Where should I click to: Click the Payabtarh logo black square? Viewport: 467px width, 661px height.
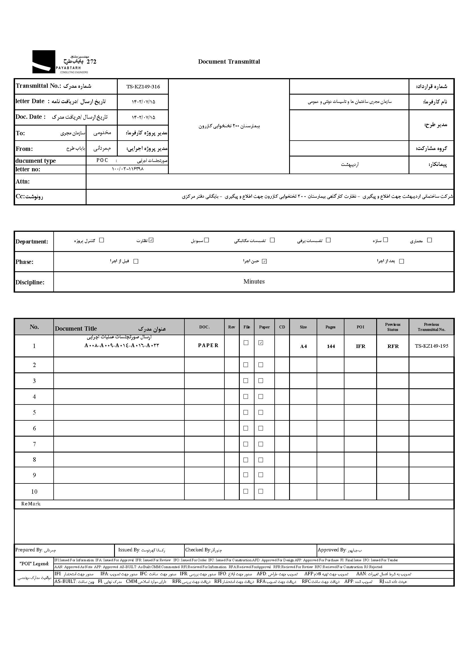pos(43,62)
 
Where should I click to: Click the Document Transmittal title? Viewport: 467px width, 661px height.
pos(229,62)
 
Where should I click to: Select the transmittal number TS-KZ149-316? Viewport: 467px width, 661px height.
pos(143,87)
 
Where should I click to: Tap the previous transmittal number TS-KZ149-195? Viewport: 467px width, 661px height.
pos(431,346)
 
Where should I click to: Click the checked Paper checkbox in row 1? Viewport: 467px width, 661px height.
pos(261,343)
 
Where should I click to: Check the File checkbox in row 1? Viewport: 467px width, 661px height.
pos(246,343)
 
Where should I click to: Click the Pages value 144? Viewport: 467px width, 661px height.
pos(331,346)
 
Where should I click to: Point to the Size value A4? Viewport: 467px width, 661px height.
pos(303,346)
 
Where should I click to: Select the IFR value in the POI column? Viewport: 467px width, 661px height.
pos(360,346)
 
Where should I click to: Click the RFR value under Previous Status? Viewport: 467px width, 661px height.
pos(393,346)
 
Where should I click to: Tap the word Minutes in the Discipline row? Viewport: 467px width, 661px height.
pos(254,282)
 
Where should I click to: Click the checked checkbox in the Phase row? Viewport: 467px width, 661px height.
pos(264,261)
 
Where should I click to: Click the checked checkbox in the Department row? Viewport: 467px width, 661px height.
pos(151,240)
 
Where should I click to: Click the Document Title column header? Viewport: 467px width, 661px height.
pos(76,329)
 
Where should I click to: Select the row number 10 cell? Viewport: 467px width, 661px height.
pos(34,492)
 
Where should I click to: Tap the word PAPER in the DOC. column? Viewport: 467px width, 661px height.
pos(208,345)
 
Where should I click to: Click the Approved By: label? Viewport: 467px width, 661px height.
pos(332,550)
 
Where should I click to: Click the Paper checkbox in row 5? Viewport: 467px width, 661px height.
pos(261,412)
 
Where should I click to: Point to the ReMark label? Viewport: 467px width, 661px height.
pos(31,504)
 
